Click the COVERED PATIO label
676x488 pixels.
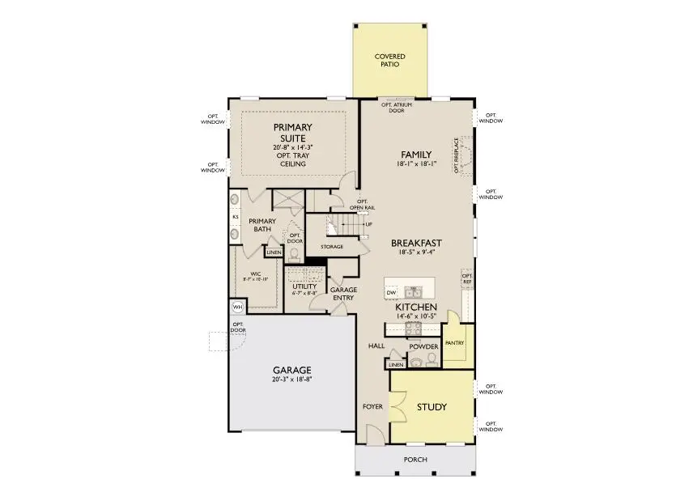click(x=389, y=61)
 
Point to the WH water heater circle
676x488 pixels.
click(x=238, y=308)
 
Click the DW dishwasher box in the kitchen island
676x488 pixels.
click(x=391, y=292)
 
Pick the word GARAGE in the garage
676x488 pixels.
click(x=292, y=370)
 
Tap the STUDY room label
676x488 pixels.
click(x=431, y=406)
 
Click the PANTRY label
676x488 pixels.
click(x=454, y=343)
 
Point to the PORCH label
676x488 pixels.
click(x=415, y=460)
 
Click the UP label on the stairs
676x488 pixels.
click(x=368, y=224)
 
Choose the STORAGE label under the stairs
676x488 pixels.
click(x=332, y=247)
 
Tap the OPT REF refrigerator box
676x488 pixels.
click(x=466, y=278)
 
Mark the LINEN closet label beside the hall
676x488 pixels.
click(x=395, y=365)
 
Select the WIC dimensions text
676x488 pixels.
click(x=257, y=278)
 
